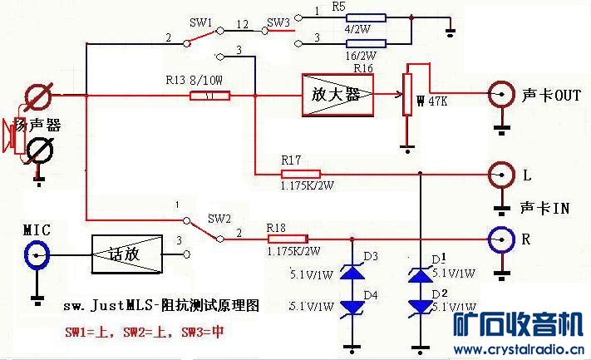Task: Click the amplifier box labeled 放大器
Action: [337, 95]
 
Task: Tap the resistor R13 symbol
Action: [210, 96]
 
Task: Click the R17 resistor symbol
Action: [300, 174]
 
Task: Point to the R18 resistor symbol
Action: [288, 239]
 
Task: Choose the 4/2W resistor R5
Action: [366, 16]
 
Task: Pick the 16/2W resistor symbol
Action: [366, 40]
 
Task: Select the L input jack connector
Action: [500, 175]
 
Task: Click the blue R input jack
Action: [500, 239]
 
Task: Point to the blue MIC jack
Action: [37, 254]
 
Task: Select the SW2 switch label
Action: [219, 219]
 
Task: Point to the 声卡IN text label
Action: [544, 208]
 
